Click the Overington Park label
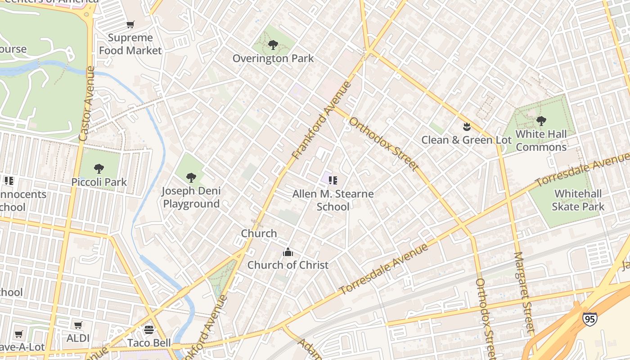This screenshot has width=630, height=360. (x=273, y=58)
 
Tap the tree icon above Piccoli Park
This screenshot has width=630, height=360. (x=99, y=169)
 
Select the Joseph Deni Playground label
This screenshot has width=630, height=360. (x=191, y=197)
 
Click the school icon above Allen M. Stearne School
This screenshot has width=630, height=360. (x=333, y=180)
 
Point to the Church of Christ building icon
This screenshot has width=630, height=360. (x=288, y=252)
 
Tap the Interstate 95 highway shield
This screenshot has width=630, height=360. (x=589, y=319)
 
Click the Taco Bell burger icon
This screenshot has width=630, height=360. (x=149, y=330)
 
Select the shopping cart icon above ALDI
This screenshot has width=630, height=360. (x=78, y=325)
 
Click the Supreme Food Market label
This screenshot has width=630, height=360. (x=130, y=44)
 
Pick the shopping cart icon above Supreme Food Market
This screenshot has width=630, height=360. (x=130, y=24)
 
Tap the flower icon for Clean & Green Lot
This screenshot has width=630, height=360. (x=467, y=127)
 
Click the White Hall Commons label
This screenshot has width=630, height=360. (x=541, y=140)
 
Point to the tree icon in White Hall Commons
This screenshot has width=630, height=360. (x=541, y=121)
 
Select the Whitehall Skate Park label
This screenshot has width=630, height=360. (x=578, y=200)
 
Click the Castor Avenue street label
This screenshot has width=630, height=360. (x=86, y=103)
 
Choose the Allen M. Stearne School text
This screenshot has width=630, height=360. (x=333, y=200)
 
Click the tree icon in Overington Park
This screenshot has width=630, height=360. (x=273, y=45)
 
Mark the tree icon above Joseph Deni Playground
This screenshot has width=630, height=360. (x=191, y=178)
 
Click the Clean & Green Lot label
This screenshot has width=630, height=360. (x=467, y=140)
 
